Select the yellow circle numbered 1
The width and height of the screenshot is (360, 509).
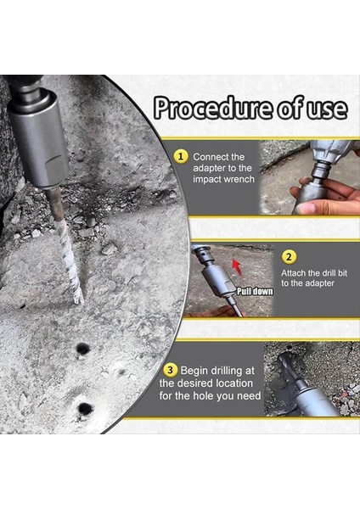click(180, 156)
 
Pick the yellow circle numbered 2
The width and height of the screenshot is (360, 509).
click(289, 257)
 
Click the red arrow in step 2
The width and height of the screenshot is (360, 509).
click(237, 267)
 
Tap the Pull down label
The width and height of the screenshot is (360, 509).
click(255, 291)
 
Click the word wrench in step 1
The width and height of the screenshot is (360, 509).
click(239, 179)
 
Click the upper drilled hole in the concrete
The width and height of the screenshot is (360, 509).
click(82, 349)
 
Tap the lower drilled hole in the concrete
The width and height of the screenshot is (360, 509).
click(85, 408)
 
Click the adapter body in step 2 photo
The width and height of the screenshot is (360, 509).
click(217, 278)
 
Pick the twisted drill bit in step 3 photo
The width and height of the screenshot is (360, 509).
click(289, 366)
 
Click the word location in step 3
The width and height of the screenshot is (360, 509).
click(234, 383)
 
